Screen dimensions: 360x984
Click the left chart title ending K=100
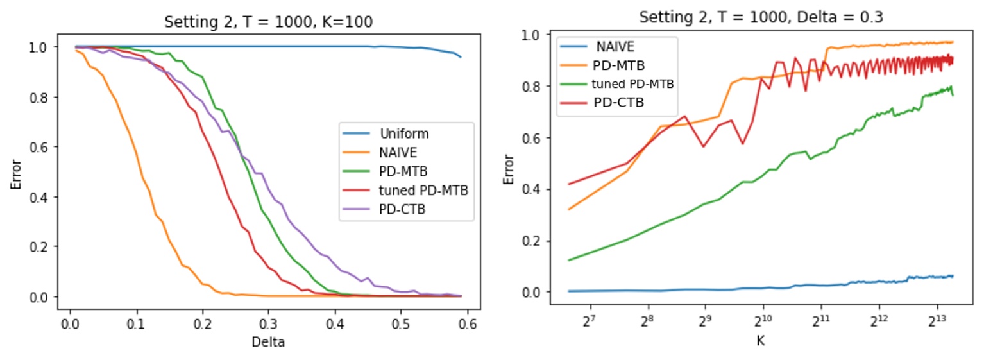[268, 22]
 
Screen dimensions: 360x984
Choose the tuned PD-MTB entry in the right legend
[632, 84]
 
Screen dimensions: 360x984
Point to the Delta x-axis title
[268, 343]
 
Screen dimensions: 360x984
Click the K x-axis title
[760, 341]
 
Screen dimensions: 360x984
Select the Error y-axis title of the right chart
[509, 168]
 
